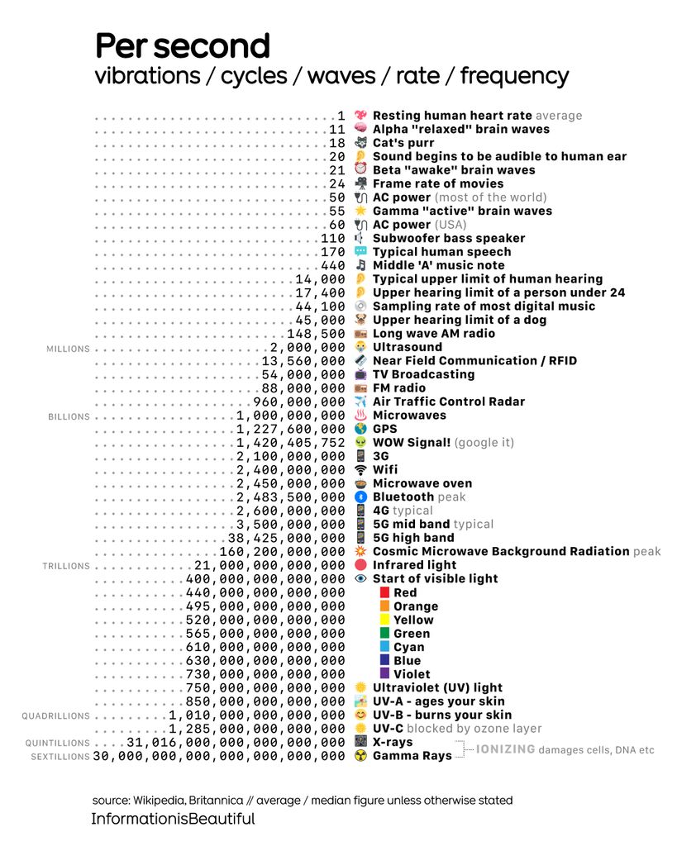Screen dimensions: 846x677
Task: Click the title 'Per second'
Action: coord(183,45)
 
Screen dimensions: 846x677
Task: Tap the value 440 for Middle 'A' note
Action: coord(332,265)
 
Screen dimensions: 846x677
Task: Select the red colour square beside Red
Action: coord(384,592)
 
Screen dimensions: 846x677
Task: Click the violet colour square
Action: coord(384,674)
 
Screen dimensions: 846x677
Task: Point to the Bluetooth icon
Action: coord(360,497)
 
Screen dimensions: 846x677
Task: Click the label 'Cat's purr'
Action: coord(403,143)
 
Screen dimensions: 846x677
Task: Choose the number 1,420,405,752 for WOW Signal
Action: coord(290,442)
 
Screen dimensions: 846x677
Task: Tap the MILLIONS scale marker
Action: coord(68,349)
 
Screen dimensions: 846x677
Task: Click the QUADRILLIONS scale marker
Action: coord(55,716)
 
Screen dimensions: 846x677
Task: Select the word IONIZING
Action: coord(505,749)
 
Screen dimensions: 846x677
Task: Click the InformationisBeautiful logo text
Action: coord(173,820)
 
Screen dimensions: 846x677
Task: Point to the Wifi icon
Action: coord(360,469)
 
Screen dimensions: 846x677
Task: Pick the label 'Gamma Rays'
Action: coord(412,756)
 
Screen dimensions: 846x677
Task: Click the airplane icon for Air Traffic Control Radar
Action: coord(360,402)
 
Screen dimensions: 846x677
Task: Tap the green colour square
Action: coord(384,634)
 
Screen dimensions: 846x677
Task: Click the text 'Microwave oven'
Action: coord(422,483)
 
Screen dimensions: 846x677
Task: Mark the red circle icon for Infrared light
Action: coord(360,565)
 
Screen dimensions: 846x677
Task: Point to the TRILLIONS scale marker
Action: coord(66,566)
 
